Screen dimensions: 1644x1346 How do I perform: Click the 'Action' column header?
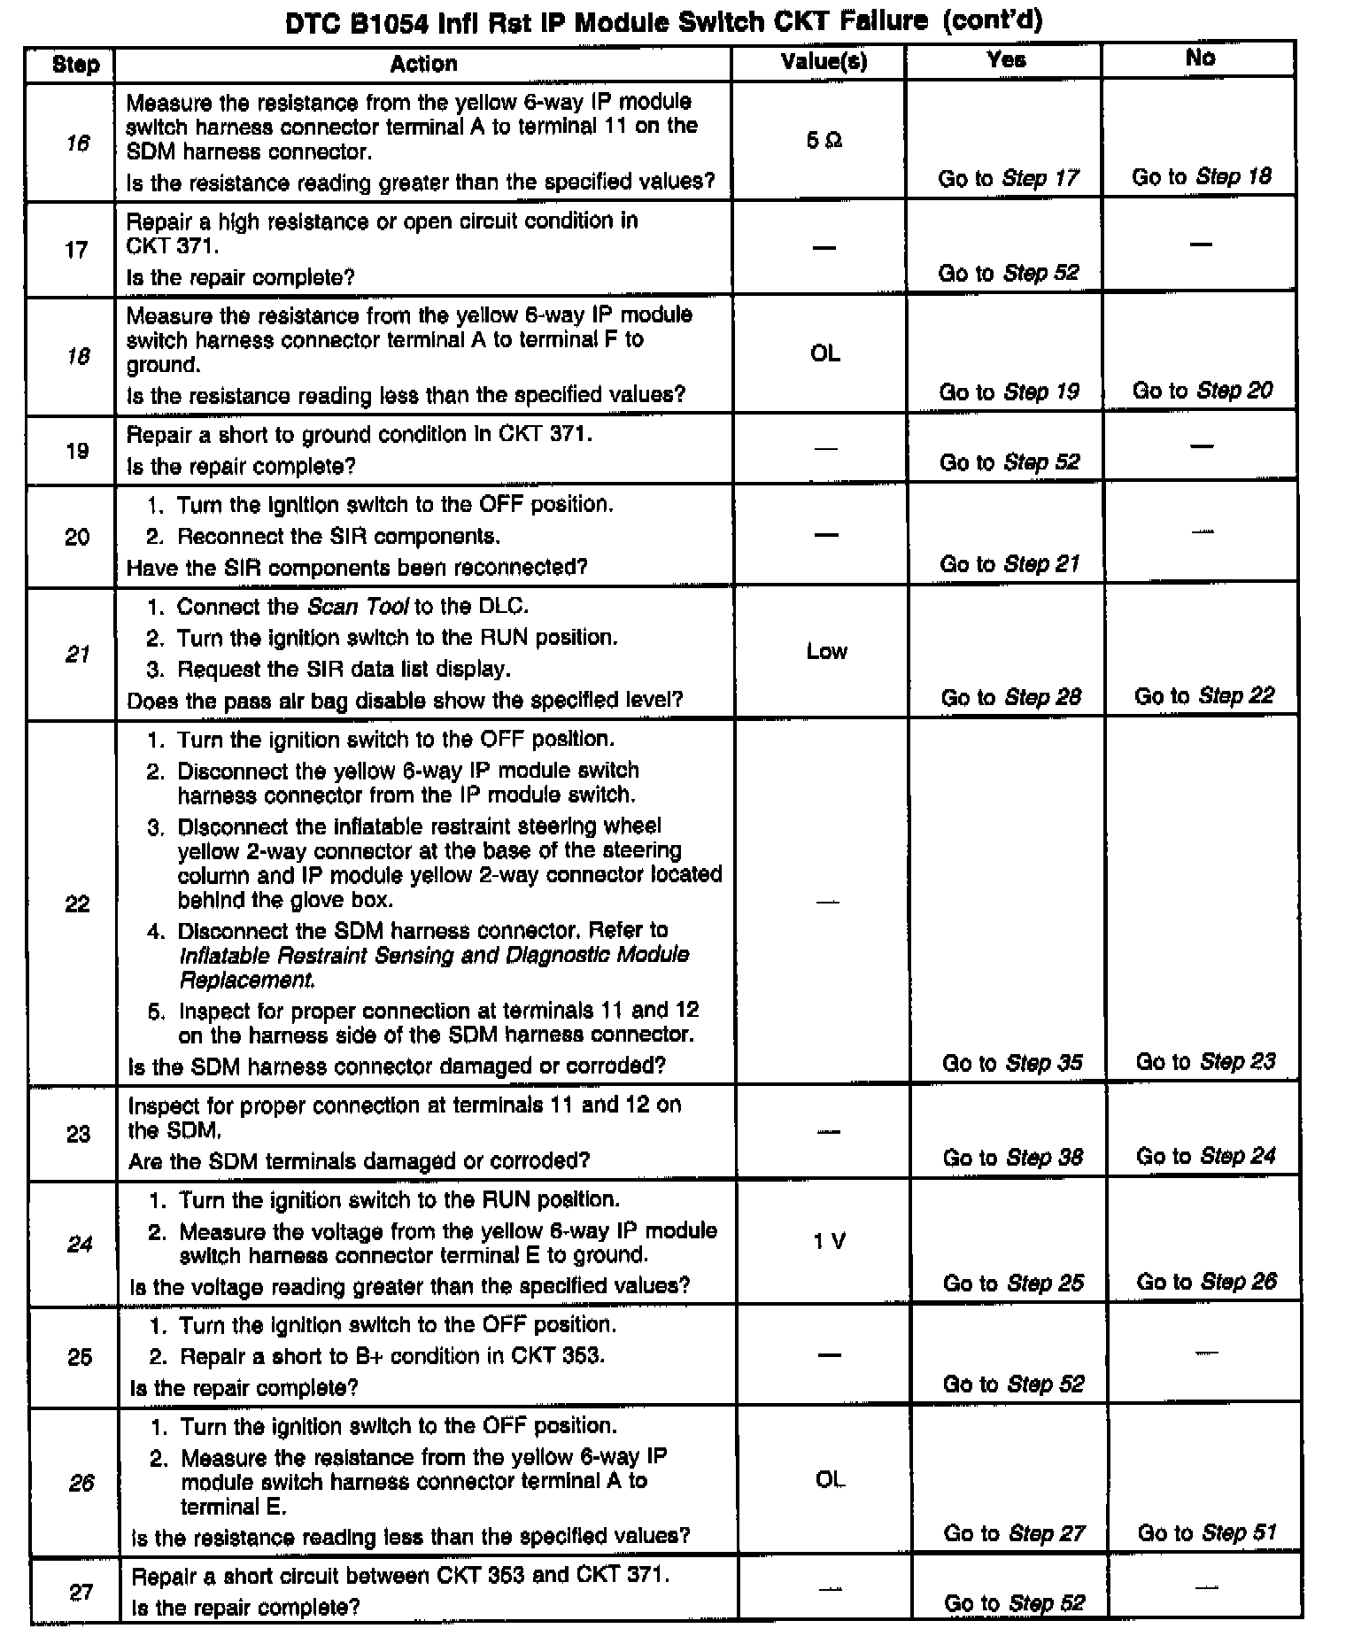click(x=423, y=64)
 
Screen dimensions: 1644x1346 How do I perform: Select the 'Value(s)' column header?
click(x=824, y=61)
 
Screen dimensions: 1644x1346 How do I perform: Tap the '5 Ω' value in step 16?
click(x=824, y=141)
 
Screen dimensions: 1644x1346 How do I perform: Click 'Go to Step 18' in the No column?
click(x=1201, y=177)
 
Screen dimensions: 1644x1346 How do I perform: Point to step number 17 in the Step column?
click(x=76, y=250)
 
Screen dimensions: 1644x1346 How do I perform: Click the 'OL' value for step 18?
click(x=824, y=353)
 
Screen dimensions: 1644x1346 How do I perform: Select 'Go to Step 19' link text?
click(x=1009, y=392)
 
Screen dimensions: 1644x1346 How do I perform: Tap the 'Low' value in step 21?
click(x=826, y=652)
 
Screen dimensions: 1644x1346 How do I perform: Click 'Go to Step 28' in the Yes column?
click(x=1010, y=697)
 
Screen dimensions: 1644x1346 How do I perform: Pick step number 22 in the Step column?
click(x=78, y=903)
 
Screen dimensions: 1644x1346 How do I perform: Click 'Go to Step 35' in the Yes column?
click(x=1011, y=1063)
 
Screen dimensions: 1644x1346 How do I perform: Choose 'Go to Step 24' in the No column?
click(x=1205, y=1156)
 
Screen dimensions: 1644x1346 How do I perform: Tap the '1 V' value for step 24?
click(x=829, y=1242)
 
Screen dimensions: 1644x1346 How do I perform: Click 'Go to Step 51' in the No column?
click(x=1207, y=1533)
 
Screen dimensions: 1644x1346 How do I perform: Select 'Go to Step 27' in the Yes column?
click(x=1014, y=1533)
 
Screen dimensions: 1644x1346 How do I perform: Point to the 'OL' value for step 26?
click(x=830, y=1480)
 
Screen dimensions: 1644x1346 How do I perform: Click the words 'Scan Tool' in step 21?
click(x=358, y=607)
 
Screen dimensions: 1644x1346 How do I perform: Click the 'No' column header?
click(x=1199, y=58)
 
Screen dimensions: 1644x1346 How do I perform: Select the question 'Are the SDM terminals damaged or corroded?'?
click(x=359, y=1161)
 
